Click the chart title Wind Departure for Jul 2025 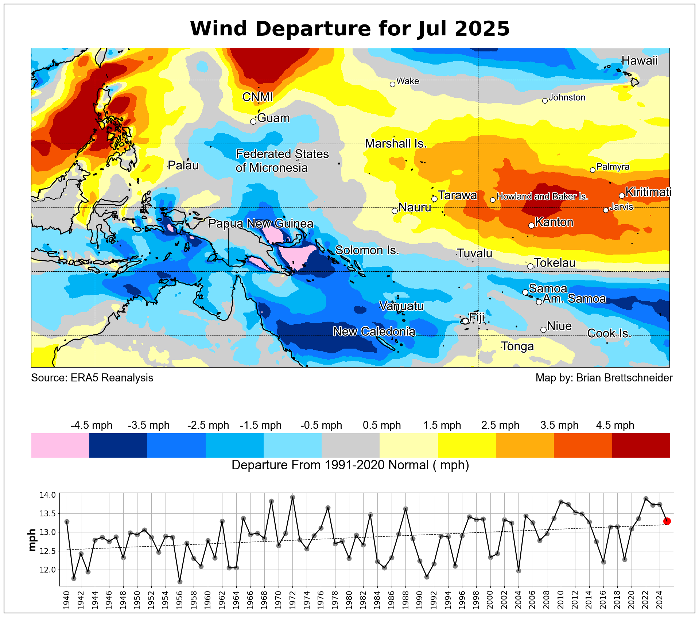pyautogui.click(x=350, y=28)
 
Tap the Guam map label pyautogui.click(x=273, y=118)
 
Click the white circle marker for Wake pyautogui.click(x=392, y=84)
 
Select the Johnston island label pyautogui.click(x=567, y=97)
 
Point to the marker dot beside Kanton pyautogui.click(x=531, y=226)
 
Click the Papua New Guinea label pyautogui.click(x=261, y=224)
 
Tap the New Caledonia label pyautogui.click(x=374, y=331)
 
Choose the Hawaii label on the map pyautogui.click(x=639, y=61)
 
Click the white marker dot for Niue pyautogui.click(x=543, y=330)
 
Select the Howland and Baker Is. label pyautogui.click(x=542, y=197)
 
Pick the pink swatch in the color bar pyautogui.click(x=60, y=445)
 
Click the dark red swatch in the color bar pyautogui.click(x=641, y=445)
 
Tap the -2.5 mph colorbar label pyautogui.click(x=208, y=425)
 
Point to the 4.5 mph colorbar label pyautogui.click(x=615, y=425)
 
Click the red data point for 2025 pyautogui.click(x=667, y=521)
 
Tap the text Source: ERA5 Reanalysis pyautogui.click(x=92, y=378)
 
